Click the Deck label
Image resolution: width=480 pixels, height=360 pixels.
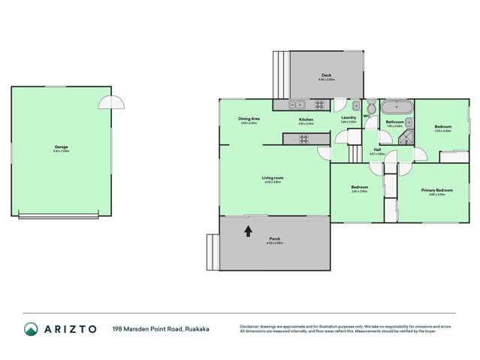327,75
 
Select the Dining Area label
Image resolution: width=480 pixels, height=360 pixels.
249,119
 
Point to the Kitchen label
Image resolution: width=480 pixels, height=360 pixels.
306,119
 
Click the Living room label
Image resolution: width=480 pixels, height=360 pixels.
272,178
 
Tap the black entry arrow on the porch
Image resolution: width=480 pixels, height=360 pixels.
248,231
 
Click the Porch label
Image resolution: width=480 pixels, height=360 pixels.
274,239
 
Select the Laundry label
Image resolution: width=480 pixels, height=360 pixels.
349,117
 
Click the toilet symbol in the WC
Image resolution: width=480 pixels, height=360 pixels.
370,106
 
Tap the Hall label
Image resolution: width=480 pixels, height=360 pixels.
377,150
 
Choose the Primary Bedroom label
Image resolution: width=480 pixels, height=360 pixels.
436,191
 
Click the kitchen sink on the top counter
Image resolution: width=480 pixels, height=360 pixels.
297,105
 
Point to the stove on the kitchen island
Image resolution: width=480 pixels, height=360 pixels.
303,138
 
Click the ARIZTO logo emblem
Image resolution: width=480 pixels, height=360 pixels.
31,328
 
